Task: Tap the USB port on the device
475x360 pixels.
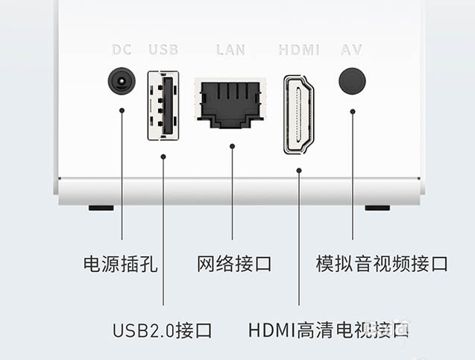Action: [163, 104]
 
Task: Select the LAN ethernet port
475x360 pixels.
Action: [232, 101]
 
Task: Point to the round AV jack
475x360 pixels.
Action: [352, 81]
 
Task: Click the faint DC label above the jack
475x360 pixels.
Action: [122, 50]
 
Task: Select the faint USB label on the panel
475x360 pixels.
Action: [163, 50]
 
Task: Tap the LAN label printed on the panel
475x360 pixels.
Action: [230, 50]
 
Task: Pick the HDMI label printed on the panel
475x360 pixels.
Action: [298, 50]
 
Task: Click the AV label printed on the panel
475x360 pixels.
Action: [351, 50]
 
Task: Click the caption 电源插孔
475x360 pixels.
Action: [120, 263]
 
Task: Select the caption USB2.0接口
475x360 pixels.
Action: [163, 329]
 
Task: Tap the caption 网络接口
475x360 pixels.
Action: [234, 263]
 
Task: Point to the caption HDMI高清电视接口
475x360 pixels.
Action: [328, 329]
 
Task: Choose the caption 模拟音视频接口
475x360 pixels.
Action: [382, 263]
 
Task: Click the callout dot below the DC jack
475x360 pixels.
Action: [122, 110]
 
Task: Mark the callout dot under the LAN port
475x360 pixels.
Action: [232, 146]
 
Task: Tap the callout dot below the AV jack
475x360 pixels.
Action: [352, 110]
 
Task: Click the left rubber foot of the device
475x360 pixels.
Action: [101, 207]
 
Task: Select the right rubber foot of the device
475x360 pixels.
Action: [377, 207]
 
